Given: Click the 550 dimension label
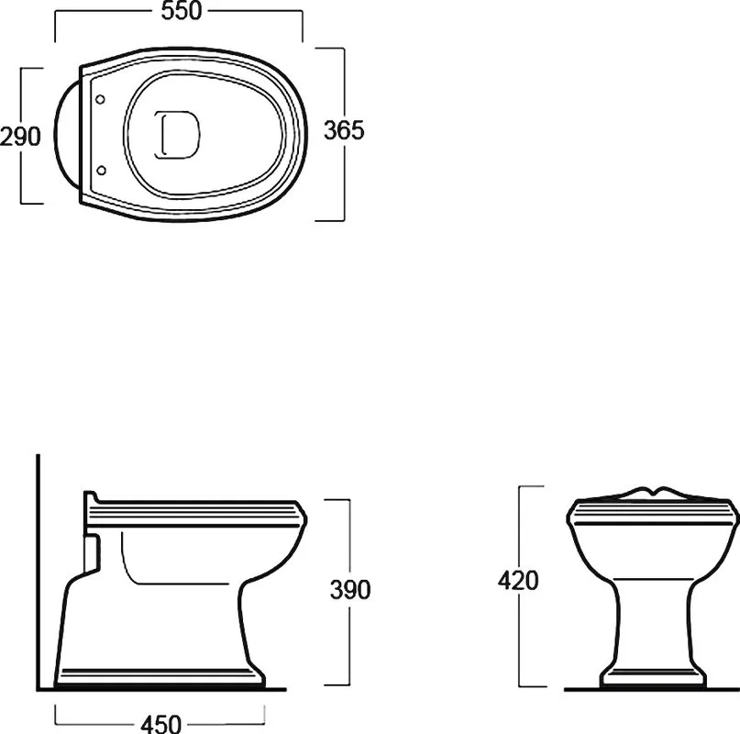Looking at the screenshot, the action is coord(182,11).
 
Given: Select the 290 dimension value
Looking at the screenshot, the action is coord(20,137).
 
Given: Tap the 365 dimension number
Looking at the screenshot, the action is coord(344,130).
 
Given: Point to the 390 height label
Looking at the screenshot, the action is coord(350,589).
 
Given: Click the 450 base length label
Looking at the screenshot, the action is coord(160,724).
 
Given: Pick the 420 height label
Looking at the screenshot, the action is coord(518,581).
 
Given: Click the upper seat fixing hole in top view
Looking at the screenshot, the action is coord(100,99).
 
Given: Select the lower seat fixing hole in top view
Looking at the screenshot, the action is coord(101,170).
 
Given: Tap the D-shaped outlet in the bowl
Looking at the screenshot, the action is coord(177,135).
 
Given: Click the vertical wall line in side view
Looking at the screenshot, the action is coord(38,572).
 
